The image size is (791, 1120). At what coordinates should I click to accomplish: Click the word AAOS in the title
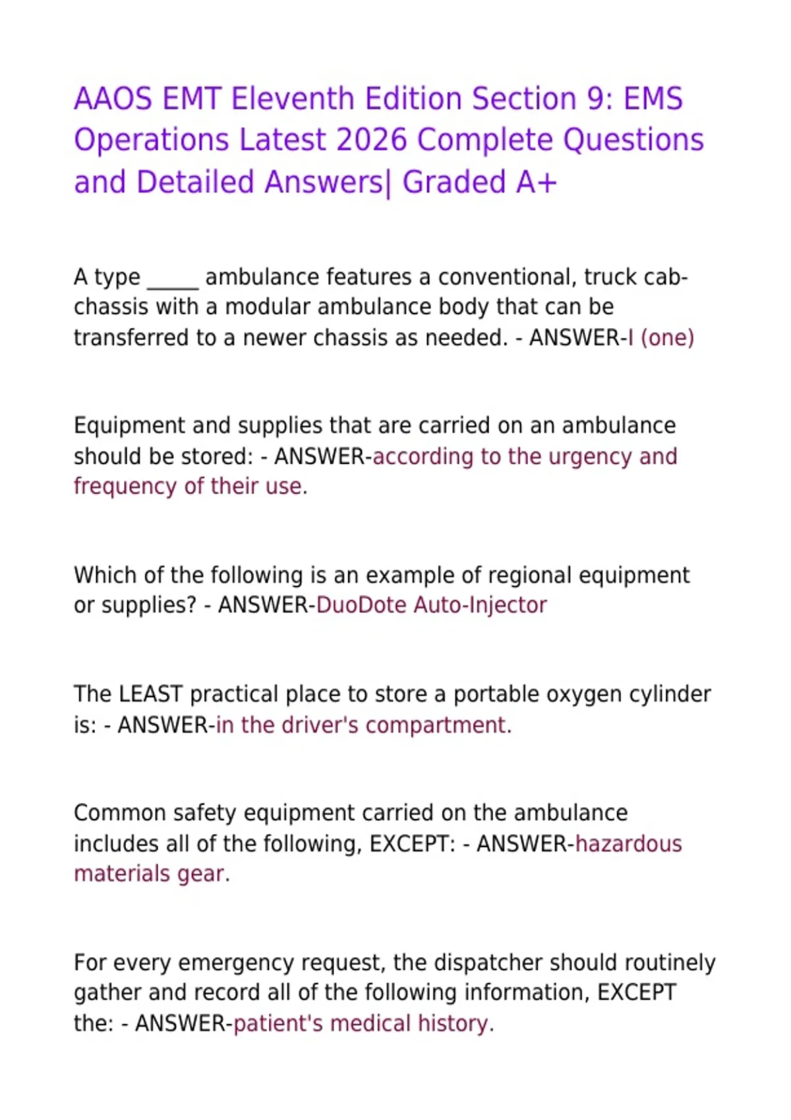113,99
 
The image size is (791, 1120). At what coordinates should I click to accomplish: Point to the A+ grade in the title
536,182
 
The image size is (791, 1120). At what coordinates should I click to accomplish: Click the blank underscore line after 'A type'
173,278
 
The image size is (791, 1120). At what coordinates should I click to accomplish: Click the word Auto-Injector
480,605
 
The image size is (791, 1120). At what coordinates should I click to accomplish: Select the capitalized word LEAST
150,694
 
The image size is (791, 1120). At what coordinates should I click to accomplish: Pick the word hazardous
629,844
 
